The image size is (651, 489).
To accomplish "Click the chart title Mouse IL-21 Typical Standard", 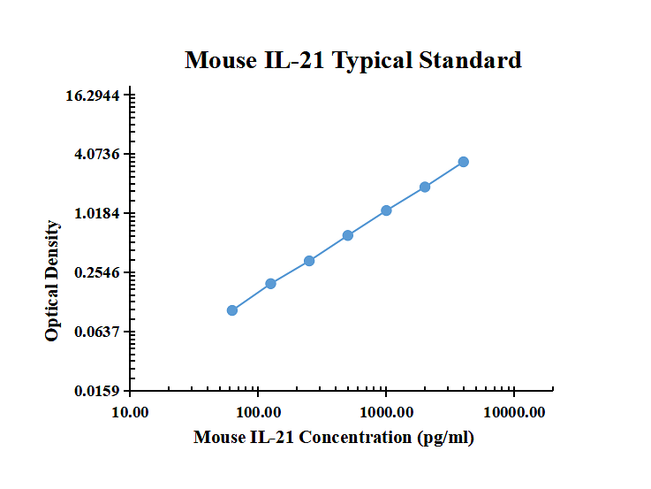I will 352,60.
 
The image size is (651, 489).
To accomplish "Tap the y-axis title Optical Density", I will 53,281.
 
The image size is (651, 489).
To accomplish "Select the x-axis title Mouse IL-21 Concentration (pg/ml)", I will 334,437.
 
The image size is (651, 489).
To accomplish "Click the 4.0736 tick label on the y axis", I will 98,155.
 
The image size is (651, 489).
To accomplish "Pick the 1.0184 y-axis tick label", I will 98,214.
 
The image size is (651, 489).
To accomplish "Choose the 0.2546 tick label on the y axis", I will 98,272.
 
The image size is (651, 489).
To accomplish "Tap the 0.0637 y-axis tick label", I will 98,332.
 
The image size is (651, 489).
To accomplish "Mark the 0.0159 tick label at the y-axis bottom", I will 98,391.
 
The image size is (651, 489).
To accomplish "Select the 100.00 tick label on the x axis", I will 259,412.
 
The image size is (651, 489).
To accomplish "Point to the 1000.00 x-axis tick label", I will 386,412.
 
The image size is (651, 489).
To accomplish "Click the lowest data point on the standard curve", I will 232,310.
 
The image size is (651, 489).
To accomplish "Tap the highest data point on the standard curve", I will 464,162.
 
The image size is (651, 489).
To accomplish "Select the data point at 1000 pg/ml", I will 386,210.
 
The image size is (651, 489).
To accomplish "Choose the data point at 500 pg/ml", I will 348,235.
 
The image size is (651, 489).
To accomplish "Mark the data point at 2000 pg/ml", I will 425,187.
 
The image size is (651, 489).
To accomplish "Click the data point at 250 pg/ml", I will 309,261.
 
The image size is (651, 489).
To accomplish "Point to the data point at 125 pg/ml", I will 270,284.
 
